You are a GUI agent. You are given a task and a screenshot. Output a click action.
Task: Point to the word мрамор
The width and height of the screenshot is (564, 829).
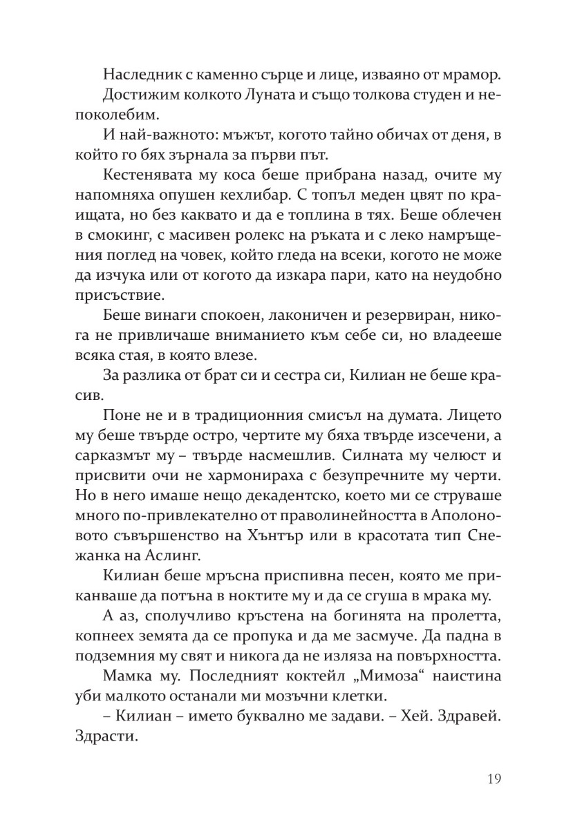click(464, 75)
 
